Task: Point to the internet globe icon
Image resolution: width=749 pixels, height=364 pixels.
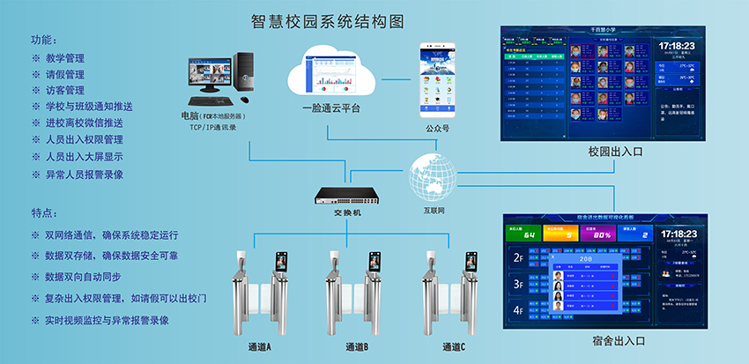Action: (x=431, y=177)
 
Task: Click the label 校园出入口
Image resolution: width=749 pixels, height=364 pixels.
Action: (x=616, y=152)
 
